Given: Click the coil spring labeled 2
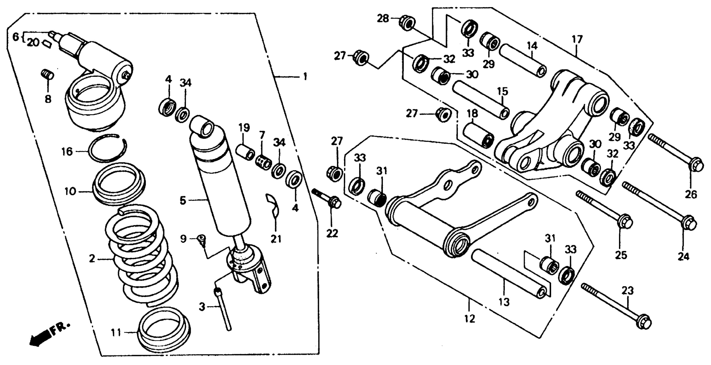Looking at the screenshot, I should [141, 257].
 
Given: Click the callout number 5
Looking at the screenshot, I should [183, 201].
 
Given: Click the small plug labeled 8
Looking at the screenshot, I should [48, 75].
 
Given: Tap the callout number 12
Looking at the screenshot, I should [469, 319].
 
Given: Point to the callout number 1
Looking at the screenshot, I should [305, 76].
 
